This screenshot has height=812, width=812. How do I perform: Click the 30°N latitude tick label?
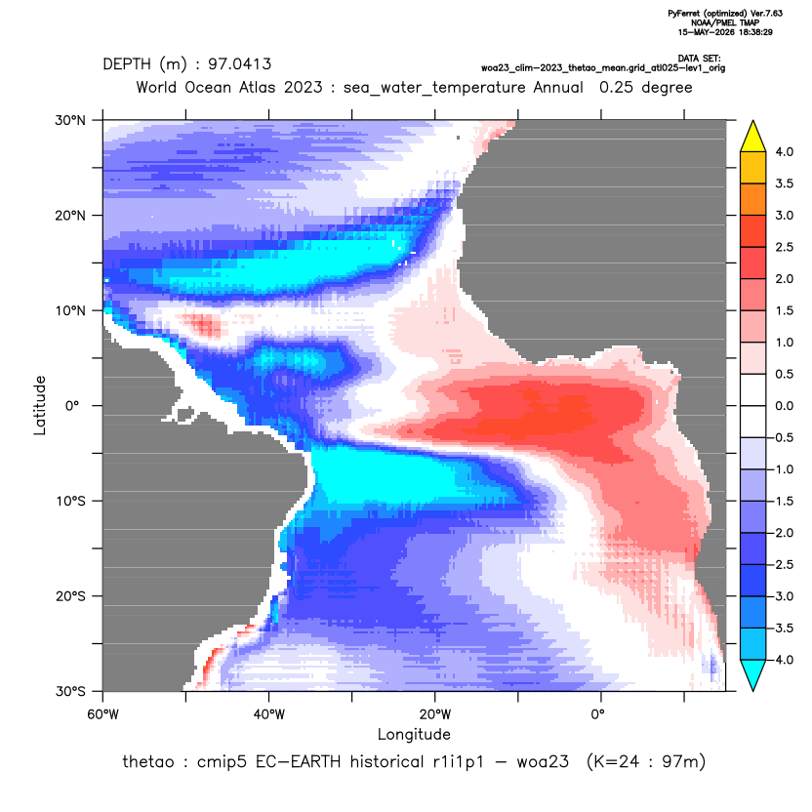pos(70,120)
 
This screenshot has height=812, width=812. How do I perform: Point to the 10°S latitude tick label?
pos(70,502)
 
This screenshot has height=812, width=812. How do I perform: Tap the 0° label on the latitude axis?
pos(73,405)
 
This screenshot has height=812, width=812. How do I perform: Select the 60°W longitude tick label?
pos(102,714)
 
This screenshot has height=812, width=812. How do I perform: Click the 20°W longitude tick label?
pos(435,714)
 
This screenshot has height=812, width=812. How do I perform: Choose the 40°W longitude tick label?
pos(268,714)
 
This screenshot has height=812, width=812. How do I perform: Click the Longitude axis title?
pos(414,735)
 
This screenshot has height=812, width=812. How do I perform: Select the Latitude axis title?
pos(40,405)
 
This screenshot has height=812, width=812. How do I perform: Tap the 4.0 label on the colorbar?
pos(784,151)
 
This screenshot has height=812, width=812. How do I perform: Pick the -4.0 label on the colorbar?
pos(782,660)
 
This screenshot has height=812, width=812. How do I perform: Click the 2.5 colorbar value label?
pos(784,247)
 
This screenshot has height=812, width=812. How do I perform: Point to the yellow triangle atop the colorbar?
pos(753,137)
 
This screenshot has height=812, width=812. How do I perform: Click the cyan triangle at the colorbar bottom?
pos(753,674)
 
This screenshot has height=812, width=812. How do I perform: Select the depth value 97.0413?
pos(239,64)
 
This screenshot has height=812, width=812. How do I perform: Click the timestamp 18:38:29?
pos(755,32)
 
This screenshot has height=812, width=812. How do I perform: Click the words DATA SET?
pos(699,59)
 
